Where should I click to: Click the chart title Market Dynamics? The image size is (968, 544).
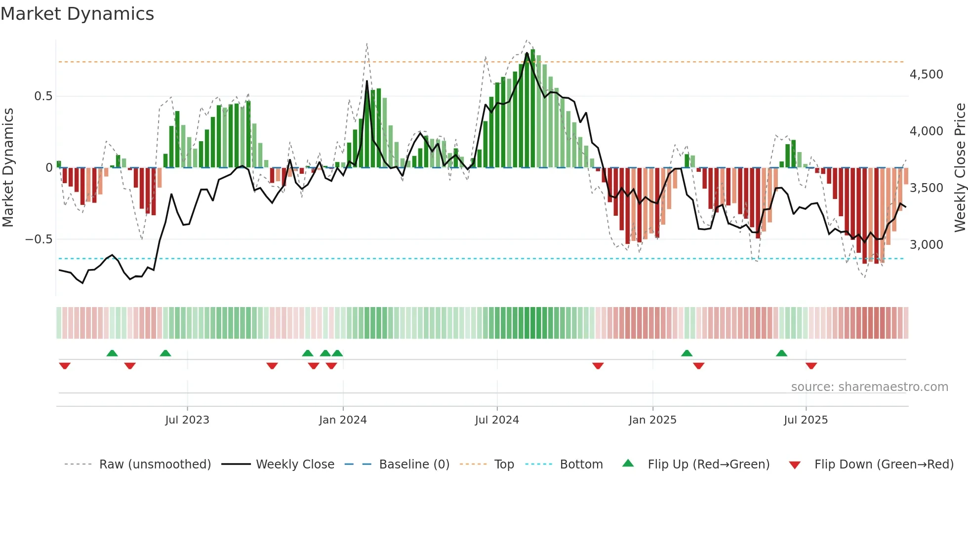(x=77, y=14)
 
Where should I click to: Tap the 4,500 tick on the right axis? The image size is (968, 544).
(x=926, y=75)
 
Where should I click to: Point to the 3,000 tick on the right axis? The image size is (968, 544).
(x=926, y=245)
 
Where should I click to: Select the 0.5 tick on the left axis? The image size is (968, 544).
(x=43, y=96)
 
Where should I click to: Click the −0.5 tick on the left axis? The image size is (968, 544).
(x=39, y=240)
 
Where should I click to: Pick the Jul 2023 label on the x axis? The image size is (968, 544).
(x=187, y=420)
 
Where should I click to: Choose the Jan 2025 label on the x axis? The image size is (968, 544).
(x=652, y=420)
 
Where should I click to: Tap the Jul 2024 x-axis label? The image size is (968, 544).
(x=497, y=420)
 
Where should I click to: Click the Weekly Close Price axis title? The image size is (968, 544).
(x=960, y=168)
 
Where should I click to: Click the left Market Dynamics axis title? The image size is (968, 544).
(x=8, y=168)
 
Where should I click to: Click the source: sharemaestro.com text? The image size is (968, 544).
(x=869, y=387)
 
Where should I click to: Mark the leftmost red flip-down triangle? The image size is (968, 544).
(x=65, y=366)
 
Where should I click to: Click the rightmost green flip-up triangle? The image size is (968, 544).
(x=781, y=353)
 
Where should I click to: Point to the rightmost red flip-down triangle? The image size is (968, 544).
(x=811, y=366)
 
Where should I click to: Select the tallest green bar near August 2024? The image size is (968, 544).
(x=532, y=109)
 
